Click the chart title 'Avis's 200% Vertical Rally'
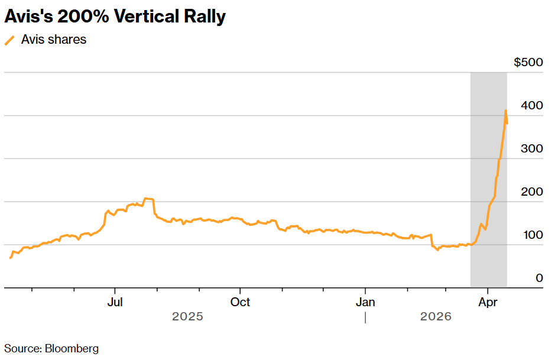pos(115,17)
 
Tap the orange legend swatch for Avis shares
pos(9,40)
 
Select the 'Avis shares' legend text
pos(54,40)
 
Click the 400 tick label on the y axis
pos(532,106)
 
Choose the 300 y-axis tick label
pos(532,148)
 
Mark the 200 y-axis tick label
pos(532,192)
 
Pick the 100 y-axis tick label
pos(532,235)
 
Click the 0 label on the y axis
pos(539,278)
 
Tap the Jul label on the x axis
pos(115,302)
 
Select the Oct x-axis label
pos(240,302)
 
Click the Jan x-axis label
pos(365,302)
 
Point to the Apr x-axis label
pos(488,302)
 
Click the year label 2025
pos(187,317)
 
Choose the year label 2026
pos(436,317)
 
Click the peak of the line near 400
pos(505,111)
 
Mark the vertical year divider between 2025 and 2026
pos(365,317)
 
